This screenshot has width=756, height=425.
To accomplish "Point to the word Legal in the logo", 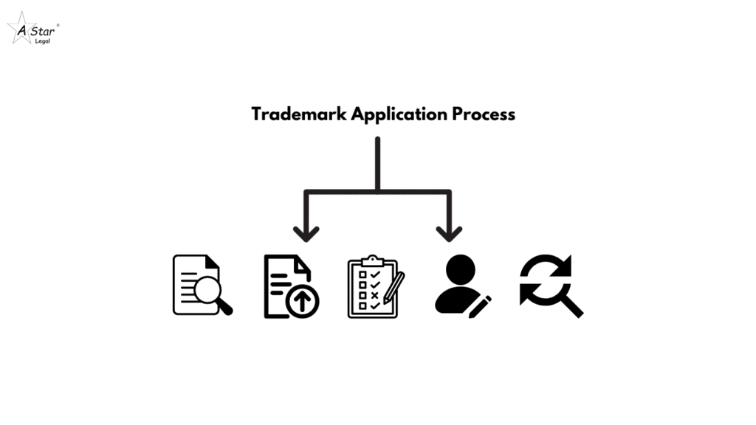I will (x=42, y=40).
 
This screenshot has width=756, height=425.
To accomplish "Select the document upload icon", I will (x=290, y=286).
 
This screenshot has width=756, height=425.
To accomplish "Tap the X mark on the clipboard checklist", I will (x=376, y=294).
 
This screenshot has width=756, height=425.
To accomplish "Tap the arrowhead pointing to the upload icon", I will (x=306, y=233).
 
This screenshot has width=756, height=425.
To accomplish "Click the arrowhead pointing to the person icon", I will (x=448, y=233).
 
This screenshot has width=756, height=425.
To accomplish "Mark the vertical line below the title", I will (x=377, y=162).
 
